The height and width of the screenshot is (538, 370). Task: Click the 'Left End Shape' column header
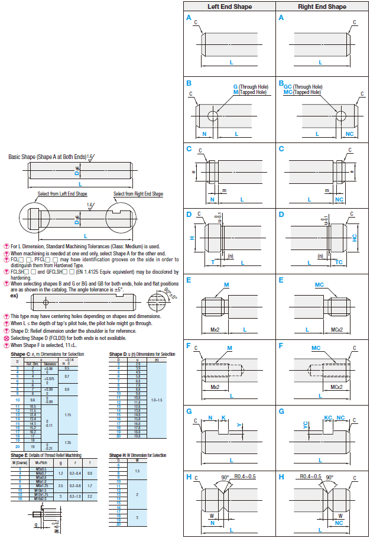pos(229,7)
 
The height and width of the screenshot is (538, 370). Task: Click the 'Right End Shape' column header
pos(322,7)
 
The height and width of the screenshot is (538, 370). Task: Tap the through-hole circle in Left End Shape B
pos(212,114)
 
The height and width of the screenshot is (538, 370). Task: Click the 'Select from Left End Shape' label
pos(62,194)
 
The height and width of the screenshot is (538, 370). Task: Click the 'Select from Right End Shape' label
pos(138,194)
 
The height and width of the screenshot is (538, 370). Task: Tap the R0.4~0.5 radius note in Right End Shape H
pos(310,475)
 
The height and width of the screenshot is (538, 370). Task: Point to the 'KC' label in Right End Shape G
pos(327,418)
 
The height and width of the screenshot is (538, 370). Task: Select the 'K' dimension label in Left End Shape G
pos(223,418)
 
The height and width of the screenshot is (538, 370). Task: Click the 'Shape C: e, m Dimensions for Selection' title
pos(47,354)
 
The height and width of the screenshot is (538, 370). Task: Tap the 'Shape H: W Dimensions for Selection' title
pos(137,455)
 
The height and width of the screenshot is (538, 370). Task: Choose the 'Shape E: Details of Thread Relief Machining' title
pos(46,455)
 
